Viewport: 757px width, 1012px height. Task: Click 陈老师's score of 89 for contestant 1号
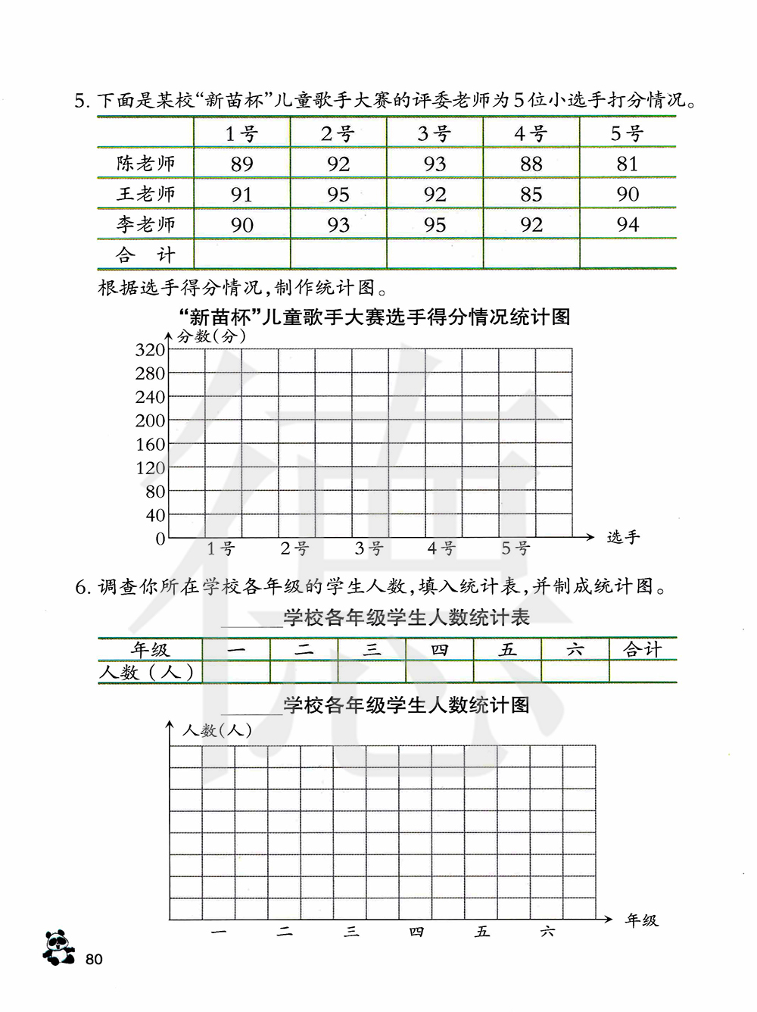point(241,164)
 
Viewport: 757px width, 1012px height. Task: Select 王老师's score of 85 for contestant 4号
point(531,195)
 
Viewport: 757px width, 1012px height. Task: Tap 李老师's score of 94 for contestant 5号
point(628,225)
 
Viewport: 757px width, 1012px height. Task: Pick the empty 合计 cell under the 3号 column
point(435,255)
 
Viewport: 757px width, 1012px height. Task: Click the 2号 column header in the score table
point(338,134)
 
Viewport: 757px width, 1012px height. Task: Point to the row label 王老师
point(145,195)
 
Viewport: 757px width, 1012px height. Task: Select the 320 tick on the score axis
point(150,350)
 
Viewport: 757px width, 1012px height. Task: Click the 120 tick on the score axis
point(150,468)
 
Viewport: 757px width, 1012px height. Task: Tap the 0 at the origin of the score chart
point(160,539)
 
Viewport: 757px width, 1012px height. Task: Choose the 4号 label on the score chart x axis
point(441,548)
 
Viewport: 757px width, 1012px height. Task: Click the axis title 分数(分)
point(211,336)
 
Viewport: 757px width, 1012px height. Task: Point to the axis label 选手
point(623,538)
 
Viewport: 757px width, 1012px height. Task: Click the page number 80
point(94,960)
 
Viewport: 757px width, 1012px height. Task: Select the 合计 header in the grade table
point(642,650)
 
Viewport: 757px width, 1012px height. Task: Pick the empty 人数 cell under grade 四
point(439,672)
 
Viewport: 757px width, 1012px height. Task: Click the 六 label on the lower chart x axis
point(547,932)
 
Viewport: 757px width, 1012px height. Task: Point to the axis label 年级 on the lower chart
point(642,921)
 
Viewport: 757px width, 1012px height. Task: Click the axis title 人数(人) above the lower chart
point(217,731)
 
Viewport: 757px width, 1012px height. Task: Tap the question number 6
point(82,587)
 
